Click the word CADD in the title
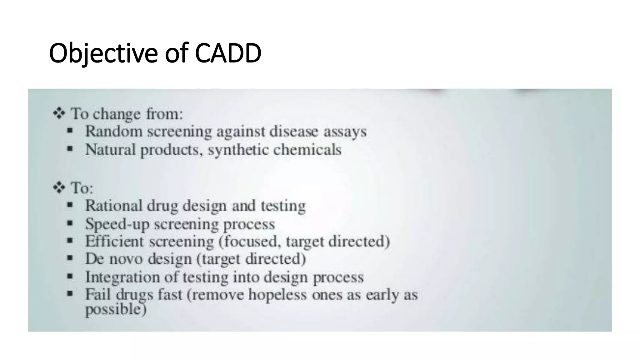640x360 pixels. click(x=228, y=53)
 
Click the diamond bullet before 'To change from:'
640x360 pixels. click(x=59, y=113)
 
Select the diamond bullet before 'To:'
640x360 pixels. click(x=59, y=187)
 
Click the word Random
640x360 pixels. click(x=114, y=131)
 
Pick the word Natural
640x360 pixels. click(x=110, y=149)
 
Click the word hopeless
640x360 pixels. click(x=277, y=294)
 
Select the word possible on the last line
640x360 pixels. click(x=114, y=309)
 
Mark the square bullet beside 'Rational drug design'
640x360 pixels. click(x=70, y=205)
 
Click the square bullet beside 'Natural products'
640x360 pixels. click(x=70, y=149)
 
